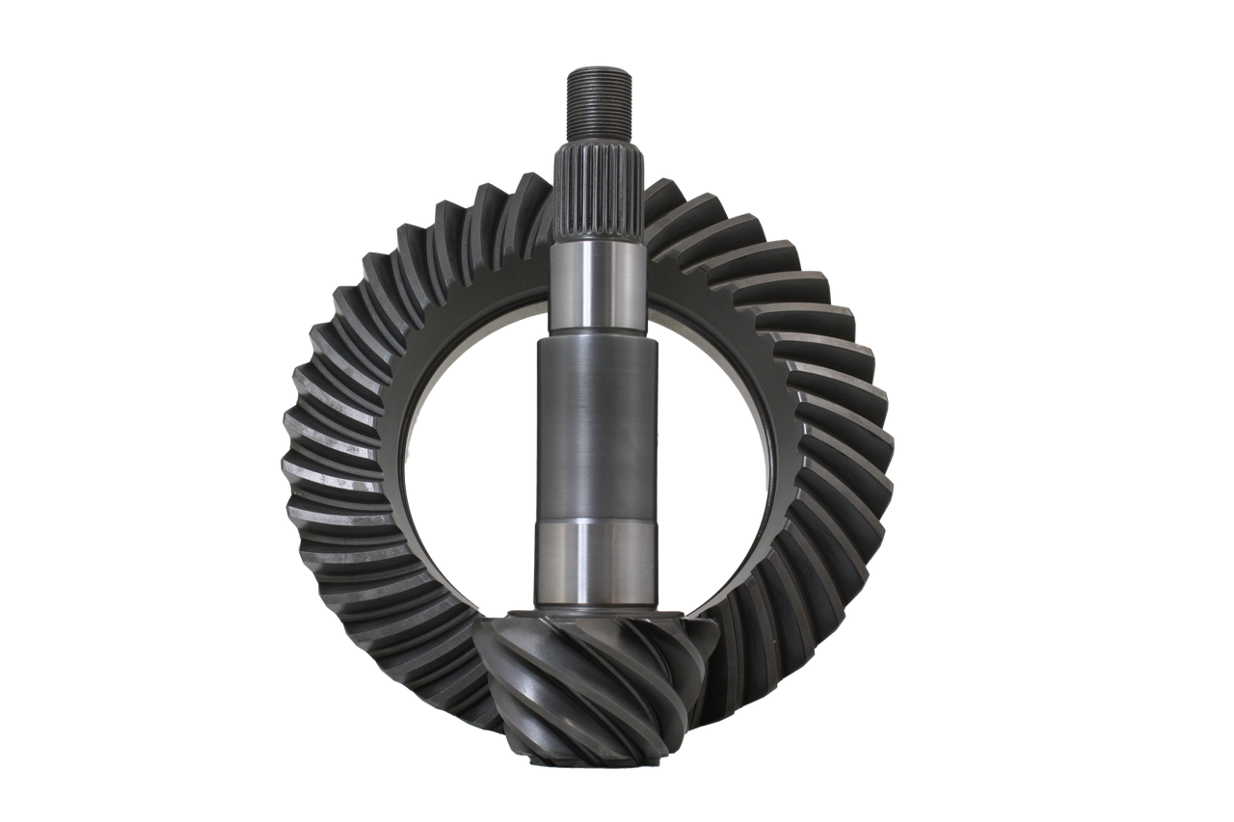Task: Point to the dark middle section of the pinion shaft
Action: pos(597,429)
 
